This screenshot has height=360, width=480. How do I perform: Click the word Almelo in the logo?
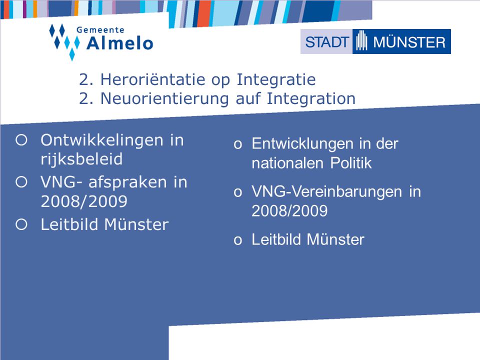pos(119,43)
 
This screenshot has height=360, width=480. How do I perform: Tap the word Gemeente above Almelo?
pos(100,30)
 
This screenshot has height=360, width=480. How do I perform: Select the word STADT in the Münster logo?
pos(327,42)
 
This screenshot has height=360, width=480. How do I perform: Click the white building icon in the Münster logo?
pos(361,40)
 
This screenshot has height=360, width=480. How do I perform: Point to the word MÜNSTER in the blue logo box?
pos(409,42)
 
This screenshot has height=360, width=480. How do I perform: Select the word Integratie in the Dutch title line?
pos(276,80)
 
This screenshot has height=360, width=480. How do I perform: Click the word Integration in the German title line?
pos(311,99)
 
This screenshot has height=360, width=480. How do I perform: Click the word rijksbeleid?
pos(81,159)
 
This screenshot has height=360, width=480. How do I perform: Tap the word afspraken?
pos(127,183)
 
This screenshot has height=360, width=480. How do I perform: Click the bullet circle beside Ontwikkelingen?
pos(21,140)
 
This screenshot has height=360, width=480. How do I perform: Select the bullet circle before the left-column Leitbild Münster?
pos(21,224)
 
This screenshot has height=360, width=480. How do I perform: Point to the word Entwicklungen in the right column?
pos(302,144)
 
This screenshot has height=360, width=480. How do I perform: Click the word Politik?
pos(351,163)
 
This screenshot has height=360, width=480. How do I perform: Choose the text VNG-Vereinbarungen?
pos(326,192)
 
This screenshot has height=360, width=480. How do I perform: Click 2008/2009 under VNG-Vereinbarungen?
pos(289,211)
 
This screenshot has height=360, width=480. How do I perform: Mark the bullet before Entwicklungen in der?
pos(238,144)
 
